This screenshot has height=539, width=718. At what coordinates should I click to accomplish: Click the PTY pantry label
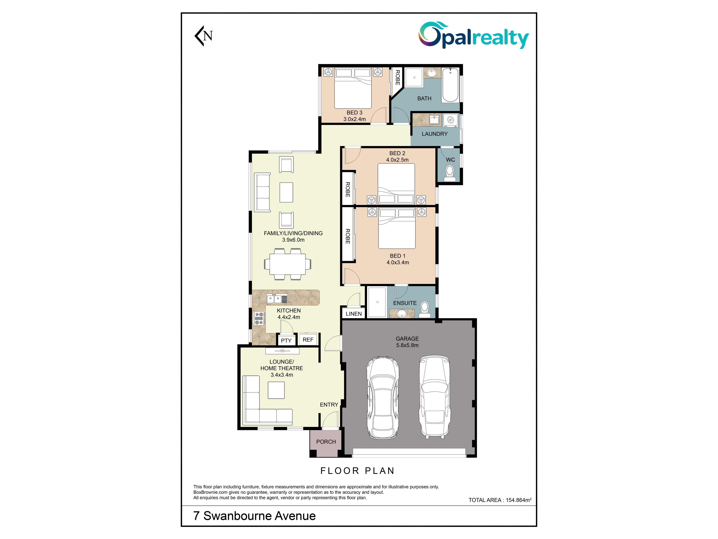pos(286,340)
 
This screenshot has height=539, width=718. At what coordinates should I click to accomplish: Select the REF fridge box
pos(308,339)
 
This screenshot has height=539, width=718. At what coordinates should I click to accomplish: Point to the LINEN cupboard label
pos(353,313)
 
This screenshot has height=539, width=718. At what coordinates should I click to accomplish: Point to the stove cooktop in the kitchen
pos(259,318)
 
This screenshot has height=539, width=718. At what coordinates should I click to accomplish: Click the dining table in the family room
pos(285,264)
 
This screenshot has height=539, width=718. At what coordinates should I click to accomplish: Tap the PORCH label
pos(326,441)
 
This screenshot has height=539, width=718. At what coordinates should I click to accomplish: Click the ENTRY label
pos(329,404)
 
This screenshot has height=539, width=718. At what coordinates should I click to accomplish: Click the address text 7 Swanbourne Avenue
pos(254,516)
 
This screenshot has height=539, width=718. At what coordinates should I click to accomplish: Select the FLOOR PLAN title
pos(357,471)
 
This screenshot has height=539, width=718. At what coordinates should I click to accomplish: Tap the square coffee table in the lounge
pos(276,390)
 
